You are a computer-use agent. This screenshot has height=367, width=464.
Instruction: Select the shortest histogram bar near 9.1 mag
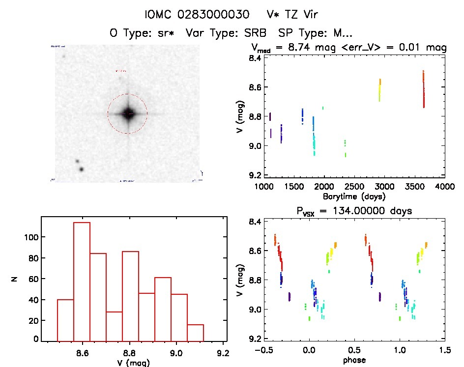196,333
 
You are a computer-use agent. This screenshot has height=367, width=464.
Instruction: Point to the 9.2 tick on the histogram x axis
224,352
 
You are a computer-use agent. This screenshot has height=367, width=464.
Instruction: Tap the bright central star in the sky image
128,113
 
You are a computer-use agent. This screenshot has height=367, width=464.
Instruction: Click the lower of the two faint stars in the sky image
81,169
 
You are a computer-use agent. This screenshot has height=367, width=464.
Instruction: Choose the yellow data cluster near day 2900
379,89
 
